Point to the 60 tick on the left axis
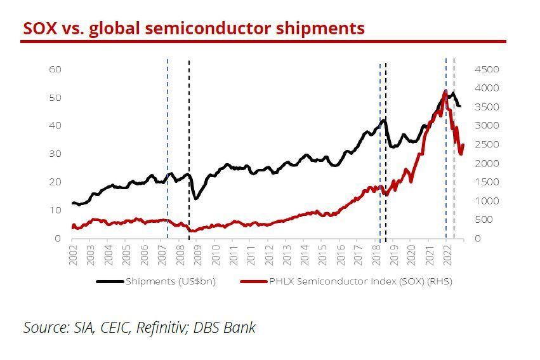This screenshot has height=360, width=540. point(55,69)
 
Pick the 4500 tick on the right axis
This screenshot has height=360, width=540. point(487,69)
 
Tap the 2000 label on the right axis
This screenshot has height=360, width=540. point(487,163)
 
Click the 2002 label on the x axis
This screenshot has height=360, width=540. point(74,254)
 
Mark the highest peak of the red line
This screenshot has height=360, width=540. point(445,91)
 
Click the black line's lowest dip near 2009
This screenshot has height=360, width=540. point(195,199)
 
